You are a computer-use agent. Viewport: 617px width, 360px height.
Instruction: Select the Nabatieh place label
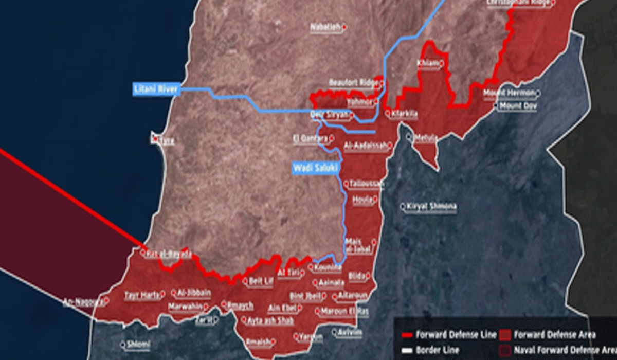tap(326, 27)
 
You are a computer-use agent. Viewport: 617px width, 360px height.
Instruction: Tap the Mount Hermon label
tap(509, 93)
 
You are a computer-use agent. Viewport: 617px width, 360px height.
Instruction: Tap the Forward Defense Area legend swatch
tap(505, 335)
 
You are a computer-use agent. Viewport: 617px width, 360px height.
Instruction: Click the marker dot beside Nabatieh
tap(344, 27)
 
